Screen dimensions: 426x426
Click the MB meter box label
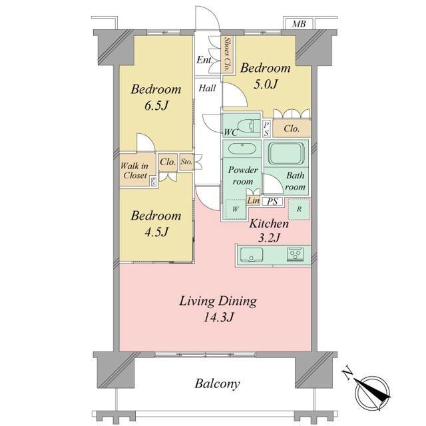(x=299, y=24)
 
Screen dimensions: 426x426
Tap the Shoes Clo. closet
(x=228, y=55)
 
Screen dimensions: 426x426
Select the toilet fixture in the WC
(x=248, y=126)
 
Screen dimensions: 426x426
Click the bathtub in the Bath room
(x=286, y=152)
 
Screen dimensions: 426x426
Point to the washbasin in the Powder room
(x=242, y=148)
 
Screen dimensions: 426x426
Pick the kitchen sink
(x=252, y=255)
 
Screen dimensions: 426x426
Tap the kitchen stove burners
(x=295, y=255)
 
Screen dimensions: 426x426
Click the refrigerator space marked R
(x=299, y=209)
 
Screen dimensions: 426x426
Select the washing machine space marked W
(x=236, y=209)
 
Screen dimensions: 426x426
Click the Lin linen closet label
(x=253, y=201)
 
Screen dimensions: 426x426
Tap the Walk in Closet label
(x=134, y=170)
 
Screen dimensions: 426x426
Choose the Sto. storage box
(x=186, y=162)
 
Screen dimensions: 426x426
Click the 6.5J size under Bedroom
(x=156, y=105)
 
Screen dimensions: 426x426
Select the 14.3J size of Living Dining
(x=218, y=317)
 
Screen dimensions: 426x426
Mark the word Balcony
(x=218, y=383)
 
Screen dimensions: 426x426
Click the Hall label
(x=207, y=88)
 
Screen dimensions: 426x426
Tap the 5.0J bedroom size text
(x=266, y=85)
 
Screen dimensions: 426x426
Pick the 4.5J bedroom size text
(x=156, y=232)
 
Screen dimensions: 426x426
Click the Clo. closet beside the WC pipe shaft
(x=292, y=128)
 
